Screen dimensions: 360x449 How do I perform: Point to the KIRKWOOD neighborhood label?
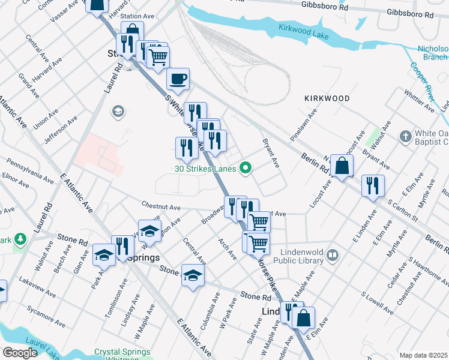coord(327,98)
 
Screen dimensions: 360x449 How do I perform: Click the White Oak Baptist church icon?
coord(406,136)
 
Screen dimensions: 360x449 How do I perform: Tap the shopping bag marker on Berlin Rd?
coord(342,165)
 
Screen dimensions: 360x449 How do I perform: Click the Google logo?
coord(20,352)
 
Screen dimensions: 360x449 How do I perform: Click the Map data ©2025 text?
coord(423,355)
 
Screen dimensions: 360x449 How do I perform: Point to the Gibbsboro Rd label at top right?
coord(410,12)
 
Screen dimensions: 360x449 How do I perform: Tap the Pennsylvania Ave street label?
coord(30,170)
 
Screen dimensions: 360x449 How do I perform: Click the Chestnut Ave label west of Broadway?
coord(161,207)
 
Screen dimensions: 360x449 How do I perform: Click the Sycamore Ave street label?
coord(46,316)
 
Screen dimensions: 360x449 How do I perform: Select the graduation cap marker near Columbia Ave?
coord(193,275)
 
